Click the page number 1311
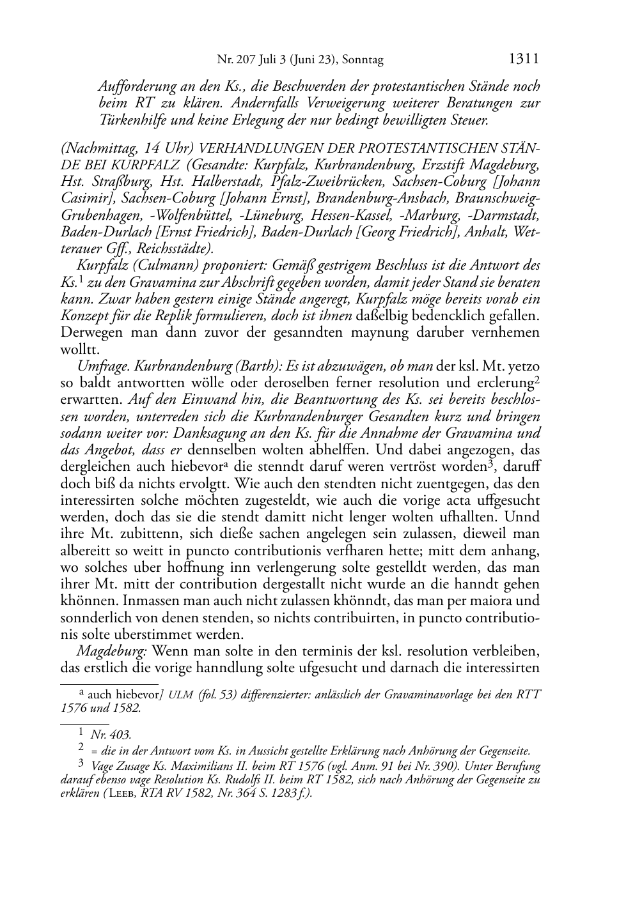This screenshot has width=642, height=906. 524,59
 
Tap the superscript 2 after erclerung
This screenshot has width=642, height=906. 538,380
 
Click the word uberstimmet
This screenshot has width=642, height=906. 184,634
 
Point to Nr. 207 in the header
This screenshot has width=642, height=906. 237,60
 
